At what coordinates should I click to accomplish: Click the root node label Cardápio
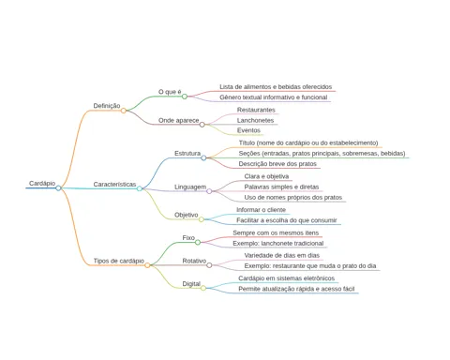click(42, 184)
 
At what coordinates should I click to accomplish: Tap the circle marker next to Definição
click(124, 111)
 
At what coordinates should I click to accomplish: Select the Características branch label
click(114, 185)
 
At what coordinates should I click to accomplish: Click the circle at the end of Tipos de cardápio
click(147, 265)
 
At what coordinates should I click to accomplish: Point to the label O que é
click(170, 92)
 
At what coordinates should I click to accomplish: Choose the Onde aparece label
click(178, 120)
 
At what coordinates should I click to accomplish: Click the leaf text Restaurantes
click(256, 110)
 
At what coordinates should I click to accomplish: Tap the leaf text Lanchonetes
click(255, 120)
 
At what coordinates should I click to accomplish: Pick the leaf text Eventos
click(248, 130)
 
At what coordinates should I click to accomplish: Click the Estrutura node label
click(187, 154)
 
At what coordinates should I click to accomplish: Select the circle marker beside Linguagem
click(209, 191)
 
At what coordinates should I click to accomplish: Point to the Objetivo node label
click(186, 215)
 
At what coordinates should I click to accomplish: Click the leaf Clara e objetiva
click(266, 176)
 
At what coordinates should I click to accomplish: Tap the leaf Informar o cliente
click(261, 210)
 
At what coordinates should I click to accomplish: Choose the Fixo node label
click(188, 238)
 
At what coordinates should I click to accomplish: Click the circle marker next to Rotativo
click(209, 265)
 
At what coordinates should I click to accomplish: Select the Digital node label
click(191, 284)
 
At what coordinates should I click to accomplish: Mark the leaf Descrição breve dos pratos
click(277, 164)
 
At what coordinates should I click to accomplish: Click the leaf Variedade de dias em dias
click(282, 255)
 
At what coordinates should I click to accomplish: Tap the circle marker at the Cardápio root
click(58, 188)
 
